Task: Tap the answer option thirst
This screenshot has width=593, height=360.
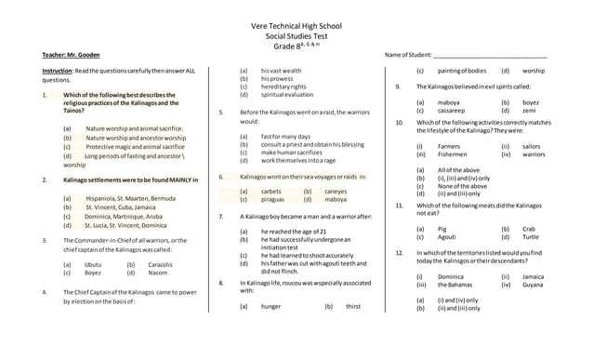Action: coord(353,305)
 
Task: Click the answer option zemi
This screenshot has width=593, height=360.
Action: coord(529,110)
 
